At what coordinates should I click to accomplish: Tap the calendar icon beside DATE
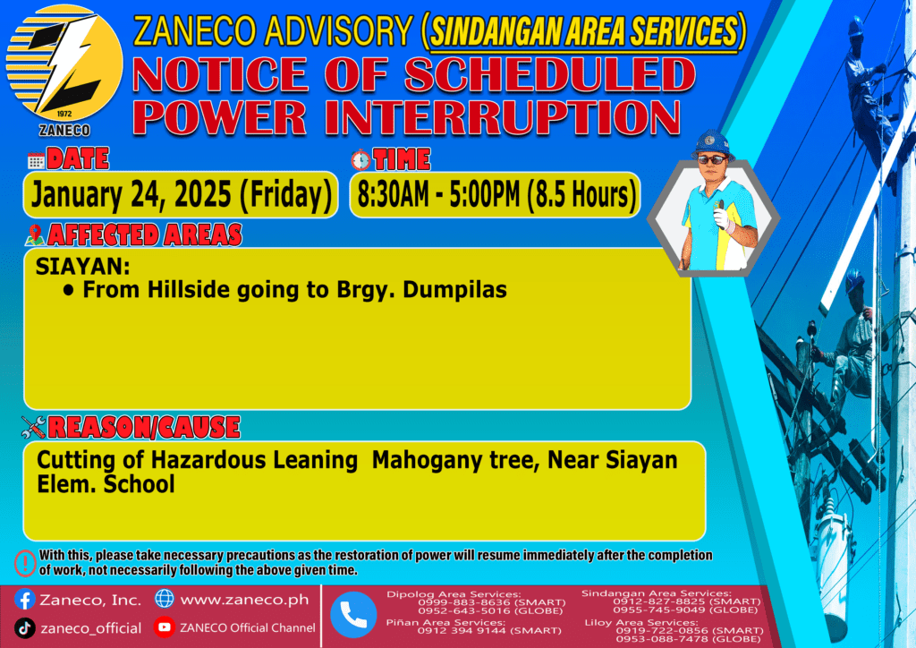click(36, 160)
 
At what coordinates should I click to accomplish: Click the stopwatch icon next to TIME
click(360, 159)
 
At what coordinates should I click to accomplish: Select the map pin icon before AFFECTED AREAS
click(35, 234)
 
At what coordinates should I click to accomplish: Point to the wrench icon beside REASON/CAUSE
click(33, 427)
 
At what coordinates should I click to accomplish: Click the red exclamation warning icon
click(25, 563)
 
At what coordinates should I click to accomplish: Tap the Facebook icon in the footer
click(24, 600)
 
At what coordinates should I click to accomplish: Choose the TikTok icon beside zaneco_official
click(24, 628)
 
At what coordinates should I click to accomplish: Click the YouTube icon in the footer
click(165, 627)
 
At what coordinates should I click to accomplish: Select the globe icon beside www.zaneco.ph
click(165, 599)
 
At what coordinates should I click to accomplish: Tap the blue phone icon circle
click(353, 615)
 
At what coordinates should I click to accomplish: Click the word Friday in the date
click(286, 195)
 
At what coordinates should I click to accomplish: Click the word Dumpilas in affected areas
click(454, 290)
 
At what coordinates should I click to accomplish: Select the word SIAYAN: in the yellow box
click(83, 267)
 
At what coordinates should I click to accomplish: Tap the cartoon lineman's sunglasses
click(712, 159)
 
